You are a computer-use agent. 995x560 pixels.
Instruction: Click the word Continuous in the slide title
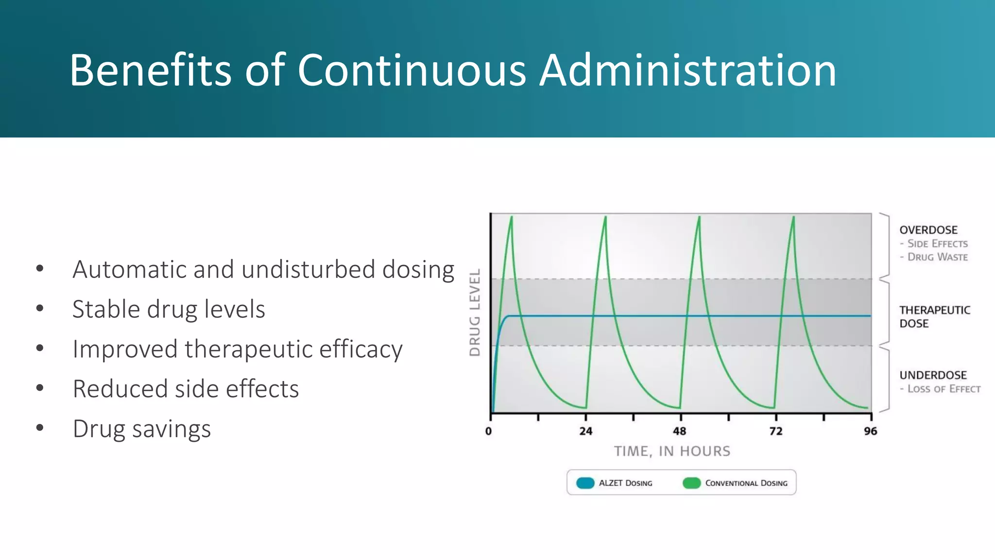coord(412,70)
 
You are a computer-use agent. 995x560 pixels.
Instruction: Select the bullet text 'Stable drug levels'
coord(169,309)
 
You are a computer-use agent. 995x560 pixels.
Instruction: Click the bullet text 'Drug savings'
coord(141,429)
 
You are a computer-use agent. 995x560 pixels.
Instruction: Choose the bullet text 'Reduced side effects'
coord(186,389)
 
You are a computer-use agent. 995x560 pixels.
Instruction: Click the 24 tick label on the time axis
coord(586,431)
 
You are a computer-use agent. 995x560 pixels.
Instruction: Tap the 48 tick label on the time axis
coord(680,431)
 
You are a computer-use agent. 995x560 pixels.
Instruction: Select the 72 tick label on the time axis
coord(776,431)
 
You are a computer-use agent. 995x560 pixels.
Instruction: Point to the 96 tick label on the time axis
coord(871,431)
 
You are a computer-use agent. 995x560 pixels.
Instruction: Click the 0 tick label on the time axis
coord(489,431)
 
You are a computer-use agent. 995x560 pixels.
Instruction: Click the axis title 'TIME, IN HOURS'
coord(672,452)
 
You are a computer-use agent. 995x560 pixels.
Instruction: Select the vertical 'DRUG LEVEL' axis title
coord(475,313)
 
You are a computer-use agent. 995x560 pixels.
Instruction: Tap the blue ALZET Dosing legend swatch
coord(585,483)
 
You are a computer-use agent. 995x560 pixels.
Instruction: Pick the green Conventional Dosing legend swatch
coord(691,483)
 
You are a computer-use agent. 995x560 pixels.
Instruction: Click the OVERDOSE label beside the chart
coord(928,230)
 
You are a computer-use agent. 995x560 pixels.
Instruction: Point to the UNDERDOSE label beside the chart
coord(933,375)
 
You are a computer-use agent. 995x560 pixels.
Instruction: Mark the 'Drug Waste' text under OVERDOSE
coord(937,257)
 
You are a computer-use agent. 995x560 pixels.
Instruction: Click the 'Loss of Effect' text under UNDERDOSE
coord(944,389)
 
